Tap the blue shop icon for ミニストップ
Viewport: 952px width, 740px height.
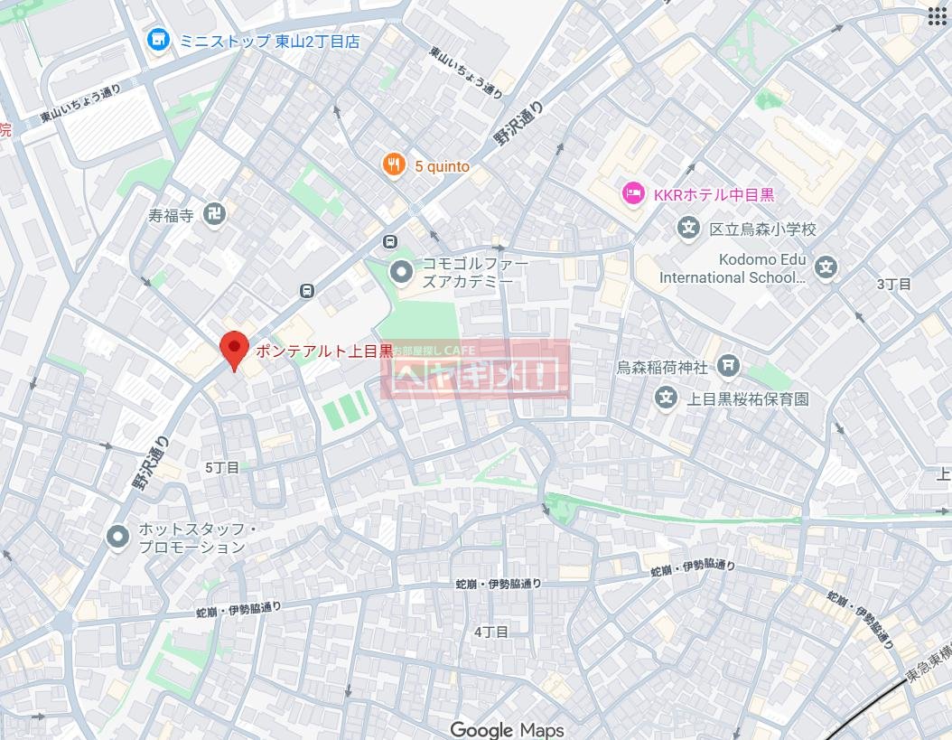coord(160,41)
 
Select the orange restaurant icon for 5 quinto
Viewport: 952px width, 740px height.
coord(394,165)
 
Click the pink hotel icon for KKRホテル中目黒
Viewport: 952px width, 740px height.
coord(632,193)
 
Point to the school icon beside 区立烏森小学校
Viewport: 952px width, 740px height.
coord(689,229)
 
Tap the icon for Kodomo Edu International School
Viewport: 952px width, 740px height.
coord(825,267)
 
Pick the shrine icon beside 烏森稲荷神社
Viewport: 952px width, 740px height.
coord(728,366)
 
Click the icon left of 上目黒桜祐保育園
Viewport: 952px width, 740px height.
coord(666,398)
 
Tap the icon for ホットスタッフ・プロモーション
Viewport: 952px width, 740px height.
coord(117,537)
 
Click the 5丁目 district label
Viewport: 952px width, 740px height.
coord(222,467)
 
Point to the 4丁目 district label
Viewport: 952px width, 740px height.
coord(491,632)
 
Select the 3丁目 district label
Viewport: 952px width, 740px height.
coord(893,284)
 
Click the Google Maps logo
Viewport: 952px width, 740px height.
coord(507,729)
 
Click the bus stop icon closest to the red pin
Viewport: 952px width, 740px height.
coord(307,290)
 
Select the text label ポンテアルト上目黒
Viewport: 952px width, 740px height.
coord(323,351)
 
